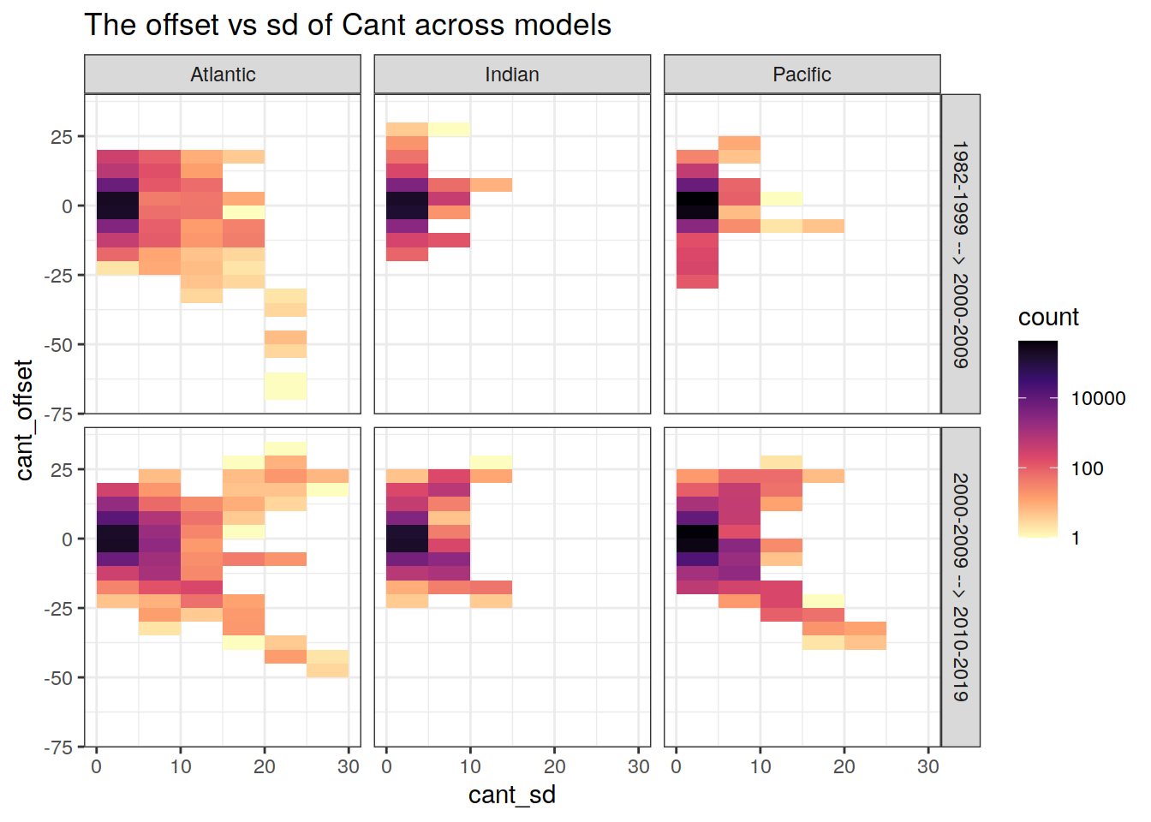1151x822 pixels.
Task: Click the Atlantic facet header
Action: coord(223,74)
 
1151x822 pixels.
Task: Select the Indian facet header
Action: coord(512,74)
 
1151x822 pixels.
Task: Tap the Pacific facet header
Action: coord(802,74)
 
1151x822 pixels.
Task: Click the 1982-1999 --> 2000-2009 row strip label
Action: coord(961,254)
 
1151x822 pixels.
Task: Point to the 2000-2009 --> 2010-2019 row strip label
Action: coord(961,587)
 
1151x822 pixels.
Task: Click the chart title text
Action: coord(348,25)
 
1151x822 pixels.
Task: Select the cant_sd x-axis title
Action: coord(512,795)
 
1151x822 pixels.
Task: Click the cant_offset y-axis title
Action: coord(24,420)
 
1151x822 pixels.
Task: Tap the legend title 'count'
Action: coord(1048,317)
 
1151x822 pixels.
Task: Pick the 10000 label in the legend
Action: coord(1098,398)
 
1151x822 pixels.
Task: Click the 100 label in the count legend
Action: coord(1087,468)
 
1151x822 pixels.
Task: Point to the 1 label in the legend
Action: coord(1076,539)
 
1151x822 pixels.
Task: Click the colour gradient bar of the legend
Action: coord(1038,438)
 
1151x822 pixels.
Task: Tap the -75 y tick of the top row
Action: coord(59,414)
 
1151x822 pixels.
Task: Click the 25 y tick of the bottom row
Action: coord(63,469)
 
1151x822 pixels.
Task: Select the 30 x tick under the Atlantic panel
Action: coord(348,766)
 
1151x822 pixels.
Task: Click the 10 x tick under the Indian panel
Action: coord(470,766)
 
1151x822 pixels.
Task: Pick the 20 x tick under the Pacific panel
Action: coord(844,766)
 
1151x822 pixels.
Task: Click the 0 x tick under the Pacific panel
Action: coord(677,766)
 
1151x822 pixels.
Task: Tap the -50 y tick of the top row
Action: coord(59,344)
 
